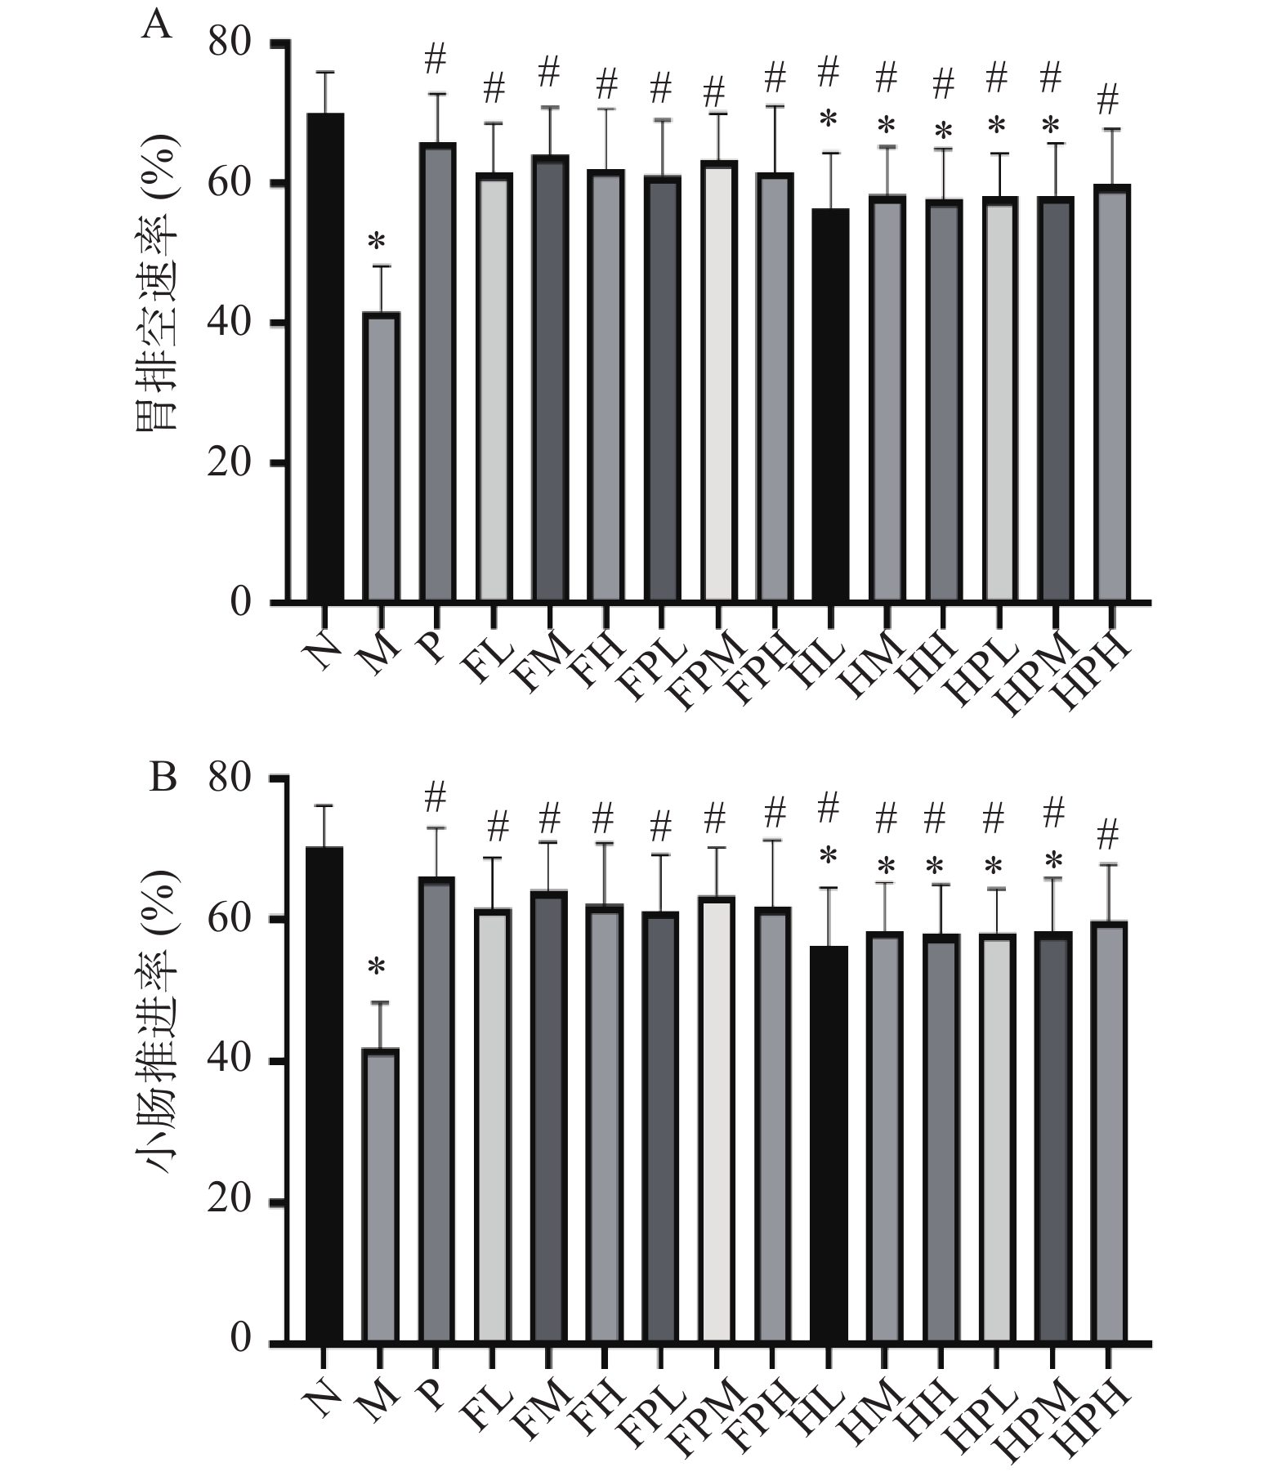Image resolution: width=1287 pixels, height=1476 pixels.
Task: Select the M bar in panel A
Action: (x=381, y=457)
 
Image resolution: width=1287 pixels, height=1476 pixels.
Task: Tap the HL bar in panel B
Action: (x=829, y=1143)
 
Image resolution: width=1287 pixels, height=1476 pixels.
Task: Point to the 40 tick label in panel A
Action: (x=229, y=323)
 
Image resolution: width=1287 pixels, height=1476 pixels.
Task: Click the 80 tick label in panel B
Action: (x=229, y=778)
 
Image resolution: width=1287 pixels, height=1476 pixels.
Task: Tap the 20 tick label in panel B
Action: (x=229, y=1200)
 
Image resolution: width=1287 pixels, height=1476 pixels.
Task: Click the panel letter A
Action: (x=157, y=26)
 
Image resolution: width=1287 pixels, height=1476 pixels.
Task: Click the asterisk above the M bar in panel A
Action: (x=377, y=242)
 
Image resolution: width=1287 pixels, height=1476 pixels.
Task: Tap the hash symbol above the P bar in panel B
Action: (x=436, y=796)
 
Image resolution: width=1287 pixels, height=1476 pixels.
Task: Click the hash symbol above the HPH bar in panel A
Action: (x=1108, y=100)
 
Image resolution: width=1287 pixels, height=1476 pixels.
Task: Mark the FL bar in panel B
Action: (x=493, y=1124)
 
